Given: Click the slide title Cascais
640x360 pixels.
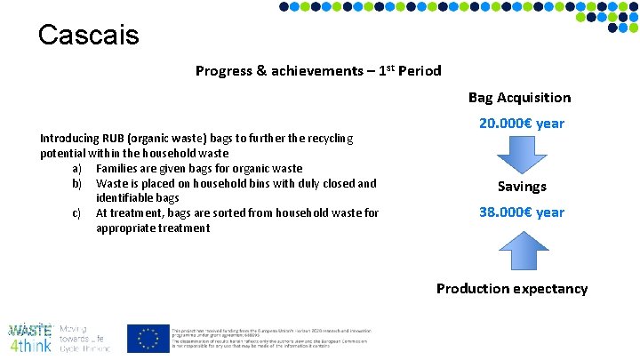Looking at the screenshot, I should coord(89,35).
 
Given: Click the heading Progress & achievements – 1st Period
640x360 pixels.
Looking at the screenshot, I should coord(318,71).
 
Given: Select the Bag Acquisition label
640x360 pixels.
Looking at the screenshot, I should coord(520,98).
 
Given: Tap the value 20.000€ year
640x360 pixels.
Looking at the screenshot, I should coord(521,124).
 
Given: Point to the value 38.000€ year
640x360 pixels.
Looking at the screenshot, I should coord(521,212).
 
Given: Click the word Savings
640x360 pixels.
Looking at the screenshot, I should coord(522,187).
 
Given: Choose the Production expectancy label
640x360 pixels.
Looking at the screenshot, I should coord(512,289).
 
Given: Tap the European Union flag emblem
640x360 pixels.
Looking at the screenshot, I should coord(148,338).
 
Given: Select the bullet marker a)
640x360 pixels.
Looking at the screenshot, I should coord(76,169).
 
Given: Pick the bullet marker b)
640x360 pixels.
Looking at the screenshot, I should coord(76,184).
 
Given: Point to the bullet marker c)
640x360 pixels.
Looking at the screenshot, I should coord(76,213).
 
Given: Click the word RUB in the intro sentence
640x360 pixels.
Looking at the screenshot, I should coord(114,139).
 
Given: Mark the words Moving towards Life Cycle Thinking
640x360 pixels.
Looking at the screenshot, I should coord(84,339).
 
